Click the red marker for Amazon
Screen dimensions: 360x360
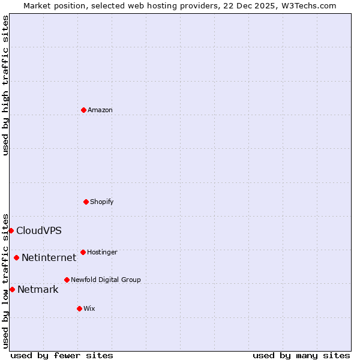83,110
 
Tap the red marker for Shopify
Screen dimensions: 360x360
86,202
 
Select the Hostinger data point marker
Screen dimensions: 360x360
83,252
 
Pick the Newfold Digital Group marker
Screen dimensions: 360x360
67,280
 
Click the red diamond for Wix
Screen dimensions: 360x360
79,308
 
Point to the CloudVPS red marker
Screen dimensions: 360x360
11,230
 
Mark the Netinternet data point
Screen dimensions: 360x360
16,258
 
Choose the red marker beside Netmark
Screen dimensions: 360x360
12,289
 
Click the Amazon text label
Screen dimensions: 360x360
100,110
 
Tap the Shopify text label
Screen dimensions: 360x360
102,202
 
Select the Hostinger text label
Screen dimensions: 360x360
102,252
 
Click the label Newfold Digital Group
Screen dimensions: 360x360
106,280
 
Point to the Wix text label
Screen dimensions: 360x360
89,308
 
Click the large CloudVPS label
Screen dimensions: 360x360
39,231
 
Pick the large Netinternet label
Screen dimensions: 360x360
49,258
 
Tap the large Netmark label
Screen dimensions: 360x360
38,290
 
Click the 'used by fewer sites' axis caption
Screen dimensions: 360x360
62,355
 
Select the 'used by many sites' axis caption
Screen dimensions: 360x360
301,355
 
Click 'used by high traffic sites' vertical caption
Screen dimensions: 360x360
5,85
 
